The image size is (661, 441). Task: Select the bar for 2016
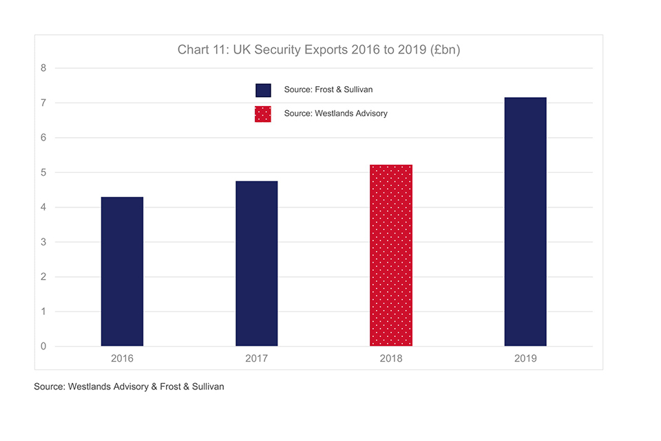click(x=122, y=271)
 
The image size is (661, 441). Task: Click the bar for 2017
click(x=256, y=263)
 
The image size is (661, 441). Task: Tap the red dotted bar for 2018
click(x=391, y=255)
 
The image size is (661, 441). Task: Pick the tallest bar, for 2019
click(x=525, y=222)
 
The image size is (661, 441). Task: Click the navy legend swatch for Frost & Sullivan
click(x=263, y=90)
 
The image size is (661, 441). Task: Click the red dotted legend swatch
click(x=263, y=114)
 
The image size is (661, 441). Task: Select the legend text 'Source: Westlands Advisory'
click(x=335, y=114)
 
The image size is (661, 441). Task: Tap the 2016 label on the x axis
click(x=122, y=358)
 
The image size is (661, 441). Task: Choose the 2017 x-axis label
click(x=256, y=358)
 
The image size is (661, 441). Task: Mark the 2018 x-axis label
click(x=391, y=358)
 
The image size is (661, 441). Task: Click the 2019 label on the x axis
click(x=525, y=358)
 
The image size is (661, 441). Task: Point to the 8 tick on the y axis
click(x=43, y=68)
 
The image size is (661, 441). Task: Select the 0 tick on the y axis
click(x=43, y=347)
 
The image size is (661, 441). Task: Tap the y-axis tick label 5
click(x=43, y=172)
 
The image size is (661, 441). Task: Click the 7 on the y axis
click(x=43, y=103)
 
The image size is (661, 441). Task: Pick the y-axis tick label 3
click(x=43, y=242)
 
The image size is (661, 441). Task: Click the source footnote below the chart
click(x=129, y=387)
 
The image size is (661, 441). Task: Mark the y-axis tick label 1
click(x=43, y=311)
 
